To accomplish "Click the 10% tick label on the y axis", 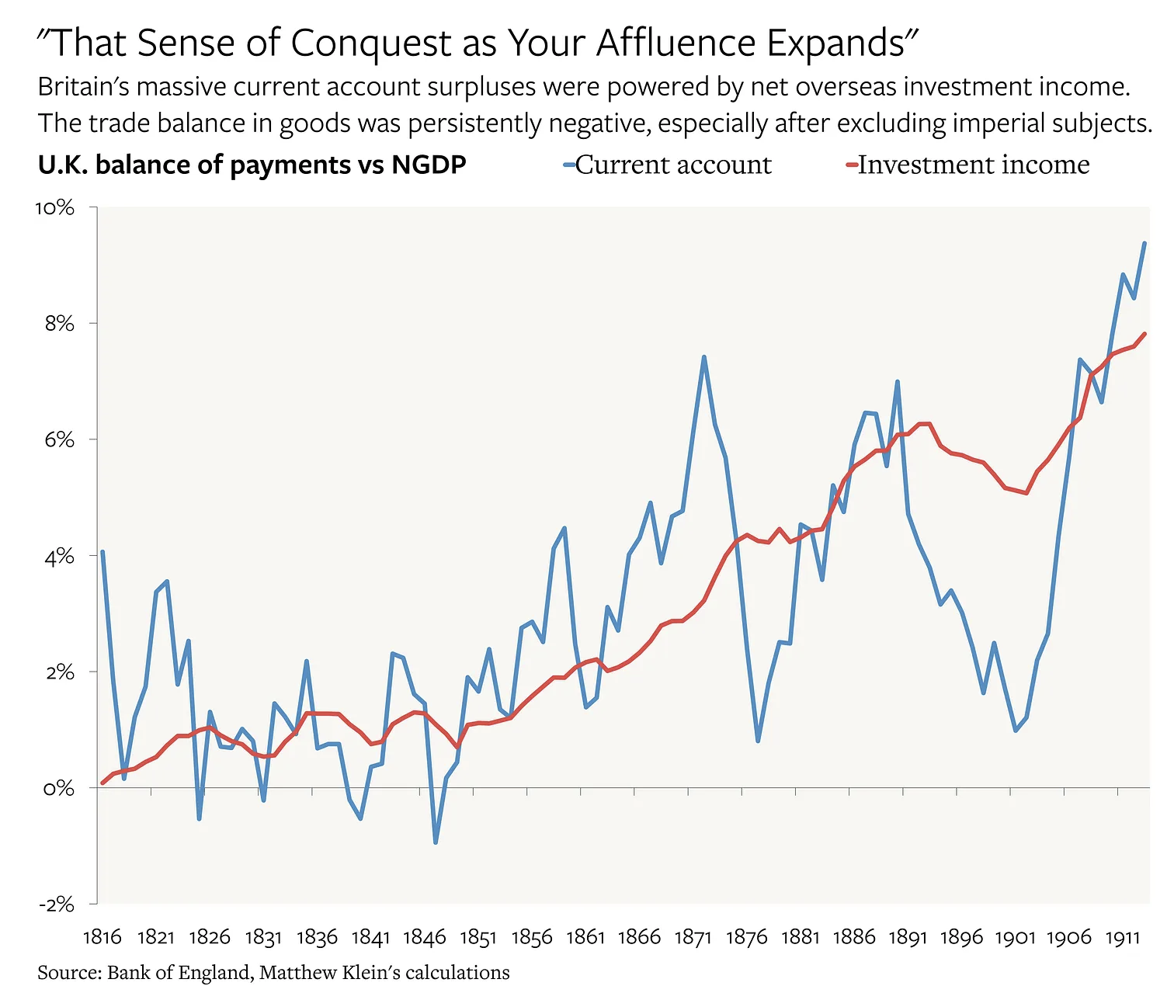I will (54, 208).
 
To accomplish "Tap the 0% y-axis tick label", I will (59, 788).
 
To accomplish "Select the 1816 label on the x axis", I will (102, 937).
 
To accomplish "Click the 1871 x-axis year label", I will (693, 937).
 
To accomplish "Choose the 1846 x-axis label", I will (425, 937).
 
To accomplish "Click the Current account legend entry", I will (672, 165).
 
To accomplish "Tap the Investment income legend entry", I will (973, 165).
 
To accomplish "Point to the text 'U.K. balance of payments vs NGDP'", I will (252, 165).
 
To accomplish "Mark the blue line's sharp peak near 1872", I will (703, 357).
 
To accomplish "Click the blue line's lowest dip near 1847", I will (436, 842).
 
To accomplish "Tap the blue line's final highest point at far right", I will (1144, 243).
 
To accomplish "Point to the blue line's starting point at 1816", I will (102, 552).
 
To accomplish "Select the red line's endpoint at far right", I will (1144, 334).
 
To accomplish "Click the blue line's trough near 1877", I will (758, 741).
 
